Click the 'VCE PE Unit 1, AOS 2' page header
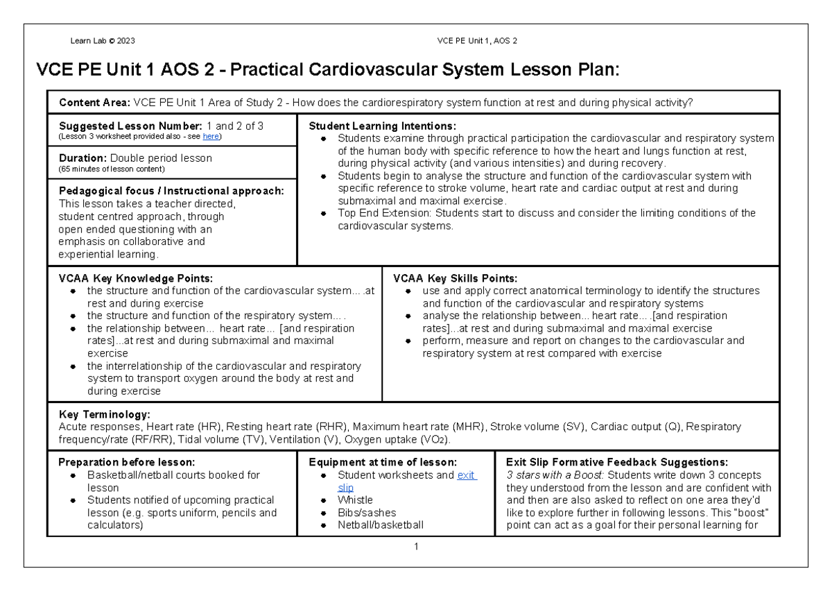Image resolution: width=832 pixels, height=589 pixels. pos(478,40)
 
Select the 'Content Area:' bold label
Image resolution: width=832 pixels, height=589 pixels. pos(95,103)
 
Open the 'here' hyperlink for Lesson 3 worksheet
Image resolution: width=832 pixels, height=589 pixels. pos(211,136)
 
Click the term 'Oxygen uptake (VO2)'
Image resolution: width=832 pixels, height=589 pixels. pos(397,439)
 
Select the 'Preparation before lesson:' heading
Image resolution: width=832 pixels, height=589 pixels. pos(127,462)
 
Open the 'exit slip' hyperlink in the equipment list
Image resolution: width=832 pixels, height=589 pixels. pos(467,475)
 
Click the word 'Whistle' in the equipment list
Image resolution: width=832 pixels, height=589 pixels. pos(356,500)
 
